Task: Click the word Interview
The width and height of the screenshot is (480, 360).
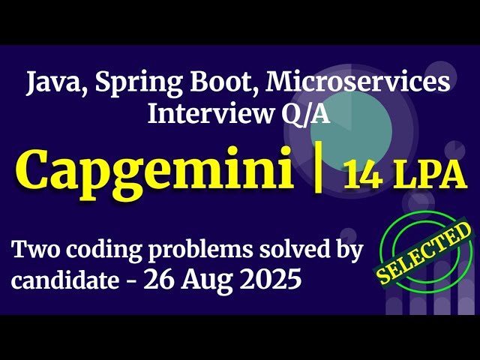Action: [202, 114]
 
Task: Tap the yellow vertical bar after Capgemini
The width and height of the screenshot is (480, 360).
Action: [318, 170]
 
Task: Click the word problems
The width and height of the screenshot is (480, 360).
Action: [200, 250]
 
